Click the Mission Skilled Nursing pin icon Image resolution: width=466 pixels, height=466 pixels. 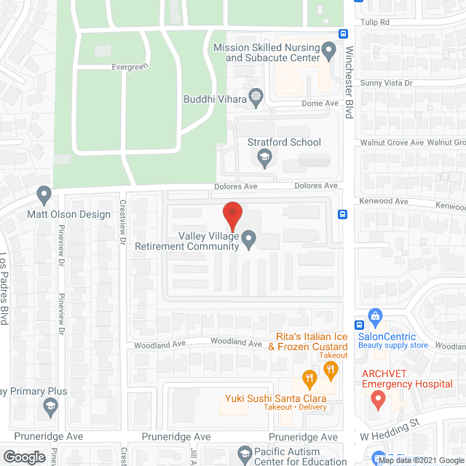point(328,51)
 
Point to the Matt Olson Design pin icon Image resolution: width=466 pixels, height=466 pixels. point(44,195)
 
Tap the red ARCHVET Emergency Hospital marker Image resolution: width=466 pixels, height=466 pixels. point(377,398)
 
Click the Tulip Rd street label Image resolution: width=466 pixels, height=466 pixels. point(375,22)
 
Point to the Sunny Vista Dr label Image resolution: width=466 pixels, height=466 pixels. point(387,84)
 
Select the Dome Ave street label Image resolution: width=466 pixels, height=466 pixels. point(320,103)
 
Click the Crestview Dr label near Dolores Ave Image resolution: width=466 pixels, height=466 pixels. point(123,222)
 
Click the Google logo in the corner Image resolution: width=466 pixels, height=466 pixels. point(23,457)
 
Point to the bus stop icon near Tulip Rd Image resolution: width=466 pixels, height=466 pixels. point(343,33)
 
